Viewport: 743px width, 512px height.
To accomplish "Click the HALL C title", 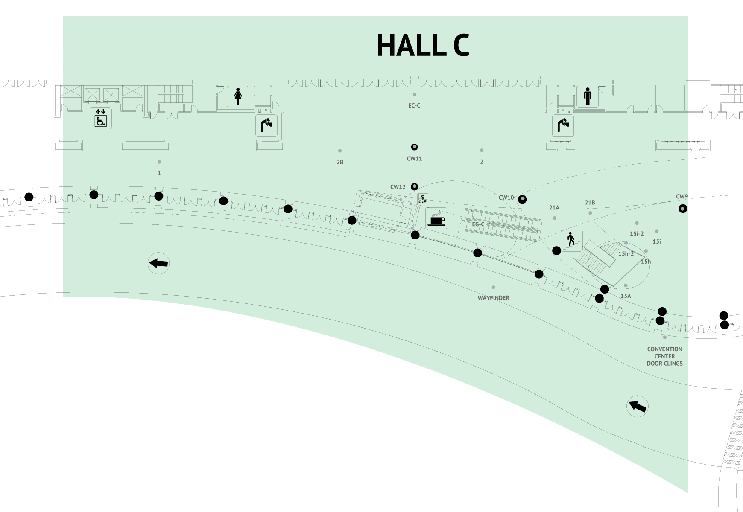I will point(423,45).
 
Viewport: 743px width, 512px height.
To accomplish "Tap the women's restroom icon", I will point(238,96).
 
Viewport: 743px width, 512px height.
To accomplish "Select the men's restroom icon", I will point(588,96).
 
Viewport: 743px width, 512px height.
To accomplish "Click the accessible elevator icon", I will point(101,118).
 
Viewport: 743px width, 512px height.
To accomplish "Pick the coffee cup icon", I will point(436,218).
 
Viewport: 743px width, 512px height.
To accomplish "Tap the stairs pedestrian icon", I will point(571,240).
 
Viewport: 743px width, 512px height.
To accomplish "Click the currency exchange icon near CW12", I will point(423,198).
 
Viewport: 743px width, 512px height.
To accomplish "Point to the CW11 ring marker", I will point(414,147).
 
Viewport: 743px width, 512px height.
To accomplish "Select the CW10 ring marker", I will point(522,199).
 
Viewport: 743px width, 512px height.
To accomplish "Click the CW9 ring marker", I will point(683,209).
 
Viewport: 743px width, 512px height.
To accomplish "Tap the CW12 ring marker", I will point(414,187).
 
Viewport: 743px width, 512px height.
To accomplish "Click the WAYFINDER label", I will point(493,298).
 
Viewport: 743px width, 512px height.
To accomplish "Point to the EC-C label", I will point(414,105).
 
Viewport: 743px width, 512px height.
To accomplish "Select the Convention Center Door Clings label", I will point(664,356).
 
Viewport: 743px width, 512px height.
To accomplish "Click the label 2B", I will point(340,162).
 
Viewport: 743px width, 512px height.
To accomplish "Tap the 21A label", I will point(554,208).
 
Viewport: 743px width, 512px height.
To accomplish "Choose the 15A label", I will point(626,296).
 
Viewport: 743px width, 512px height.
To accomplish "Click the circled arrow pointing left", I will point(158,263).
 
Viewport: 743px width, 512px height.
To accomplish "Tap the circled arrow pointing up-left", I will point(637,406).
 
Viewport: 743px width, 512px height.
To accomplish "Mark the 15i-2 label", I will point(637,234).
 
